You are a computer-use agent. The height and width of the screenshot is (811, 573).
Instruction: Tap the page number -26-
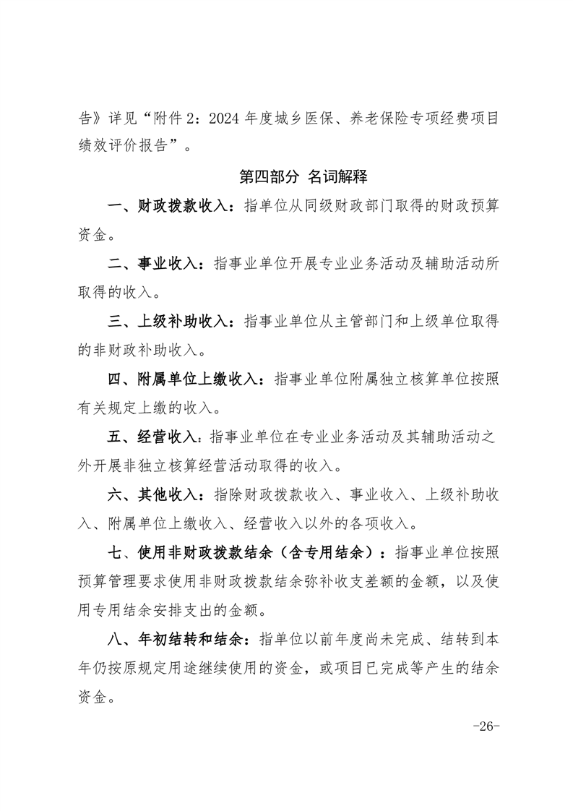(x=485, y=726)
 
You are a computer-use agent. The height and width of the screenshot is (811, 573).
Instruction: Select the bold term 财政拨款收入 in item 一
(x=182, y=206)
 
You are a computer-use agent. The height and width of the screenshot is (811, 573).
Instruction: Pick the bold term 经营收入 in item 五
(x=167, y=437)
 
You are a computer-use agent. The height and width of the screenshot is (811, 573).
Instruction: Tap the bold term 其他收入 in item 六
(x=167, y=495)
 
